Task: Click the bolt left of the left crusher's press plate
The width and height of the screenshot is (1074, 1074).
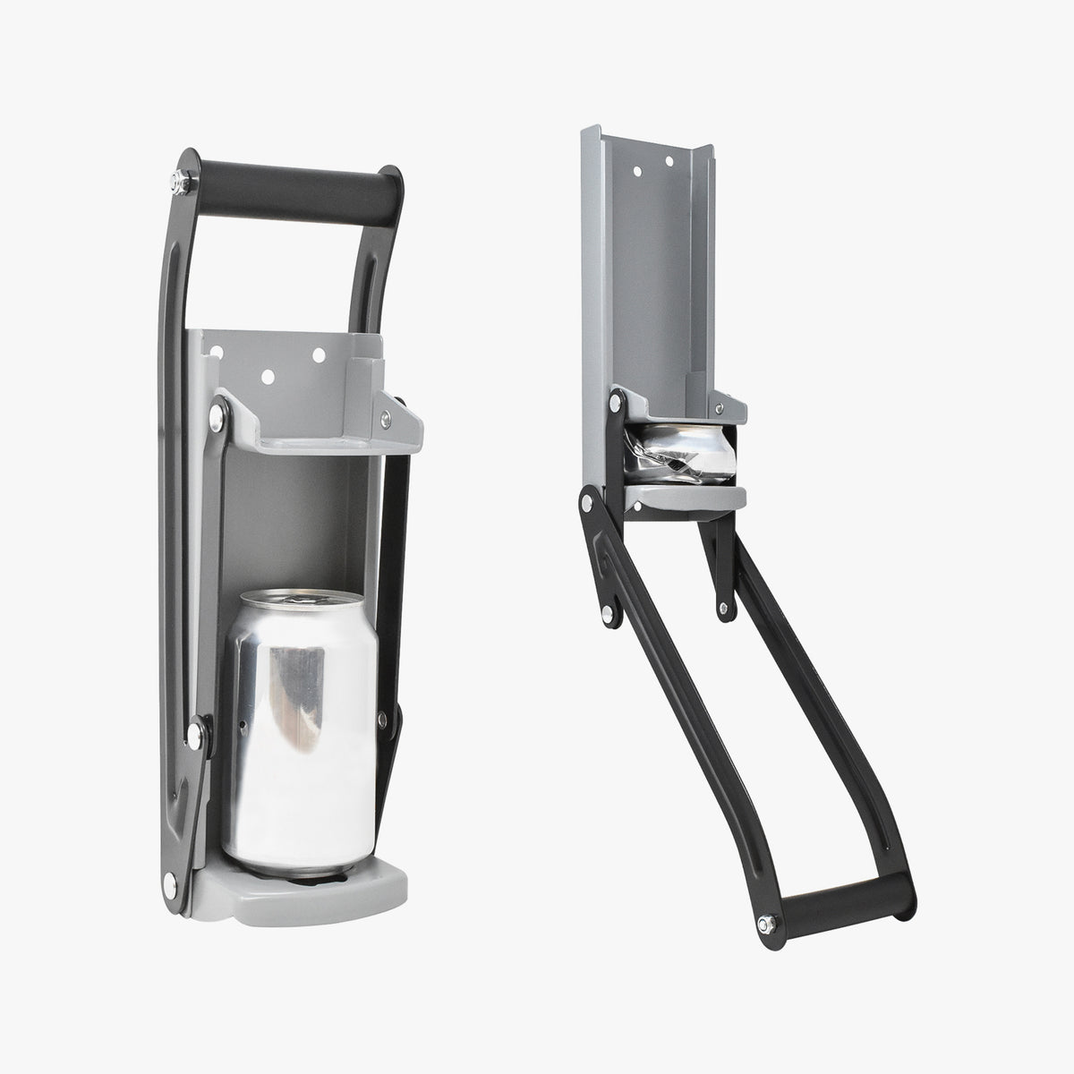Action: [216, 414]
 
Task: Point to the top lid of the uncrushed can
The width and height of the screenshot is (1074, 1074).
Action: [295, 598]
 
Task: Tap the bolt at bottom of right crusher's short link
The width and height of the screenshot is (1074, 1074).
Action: [722, 609]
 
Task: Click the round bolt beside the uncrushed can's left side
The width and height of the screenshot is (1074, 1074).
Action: [193, 737]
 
